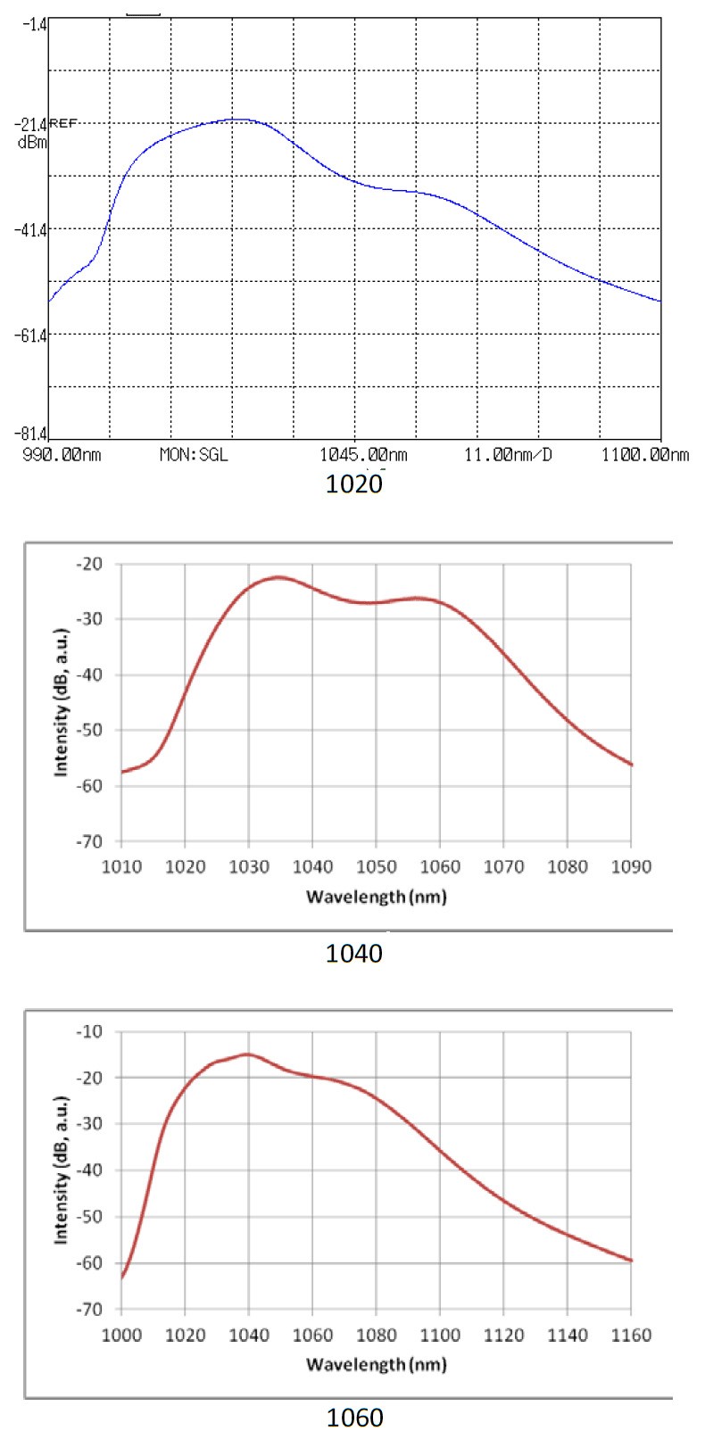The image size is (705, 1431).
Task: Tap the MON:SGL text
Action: click(194, 455)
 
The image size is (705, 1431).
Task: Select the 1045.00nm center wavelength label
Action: click(363, 455)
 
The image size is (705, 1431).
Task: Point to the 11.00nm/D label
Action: click(508, 455)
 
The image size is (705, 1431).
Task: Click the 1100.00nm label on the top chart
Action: click(645, 455)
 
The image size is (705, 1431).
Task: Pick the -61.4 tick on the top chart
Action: click(29, 335)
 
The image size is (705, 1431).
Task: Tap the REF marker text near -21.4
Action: click(62, 123)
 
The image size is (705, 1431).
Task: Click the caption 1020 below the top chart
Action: click(354, 484)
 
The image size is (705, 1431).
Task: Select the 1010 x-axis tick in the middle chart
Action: click(121, 866)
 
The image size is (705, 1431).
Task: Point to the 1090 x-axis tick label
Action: click(631, 866)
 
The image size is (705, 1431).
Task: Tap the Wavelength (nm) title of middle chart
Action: click(376, 897)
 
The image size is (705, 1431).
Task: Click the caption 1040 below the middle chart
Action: click(354, 954)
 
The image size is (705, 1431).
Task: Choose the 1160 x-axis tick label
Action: click(631, 1335)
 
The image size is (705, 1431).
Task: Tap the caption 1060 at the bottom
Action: click(354, 1417)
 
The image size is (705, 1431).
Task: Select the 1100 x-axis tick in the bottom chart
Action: click(440, 1335)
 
